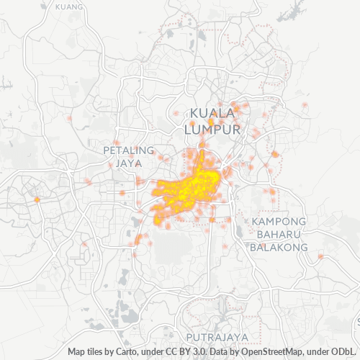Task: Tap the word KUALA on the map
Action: click(213, 113)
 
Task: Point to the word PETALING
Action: click(129, 150)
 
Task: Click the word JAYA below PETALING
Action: click(130, 163)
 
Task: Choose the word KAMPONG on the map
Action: click(279, 220)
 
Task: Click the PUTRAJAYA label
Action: click(217, 337)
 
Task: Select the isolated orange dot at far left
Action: click(36, 199)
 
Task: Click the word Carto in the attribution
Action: click(134, 352)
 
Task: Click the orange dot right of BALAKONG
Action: click(320, 256)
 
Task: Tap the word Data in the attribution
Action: click(218, 352)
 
